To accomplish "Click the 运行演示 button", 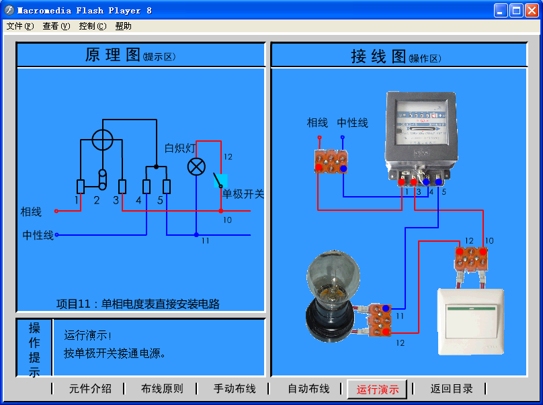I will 377,389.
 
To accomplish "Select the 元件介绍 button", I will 90,388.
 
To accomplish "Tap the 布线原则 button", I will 161,388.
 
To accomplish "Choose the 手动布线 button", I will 235,388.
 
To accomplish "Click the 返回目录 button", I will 452,388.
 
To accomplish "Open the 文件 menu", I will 19,26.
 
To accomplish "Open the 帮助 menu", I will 123,26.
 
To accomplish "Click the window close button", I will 531,10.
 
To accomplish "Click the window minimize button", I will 501,10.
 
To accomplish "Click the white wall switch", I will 470,321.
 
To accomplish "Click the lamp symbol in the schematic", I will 196,167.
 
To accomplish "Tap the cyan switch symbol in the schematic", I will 220,181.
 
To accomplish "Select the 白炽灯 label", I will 179,148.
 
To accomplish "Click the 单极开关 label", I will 243,194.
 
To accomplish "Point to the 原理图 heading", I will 112,55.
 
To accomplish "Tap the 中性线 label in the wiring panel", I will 352,123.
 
